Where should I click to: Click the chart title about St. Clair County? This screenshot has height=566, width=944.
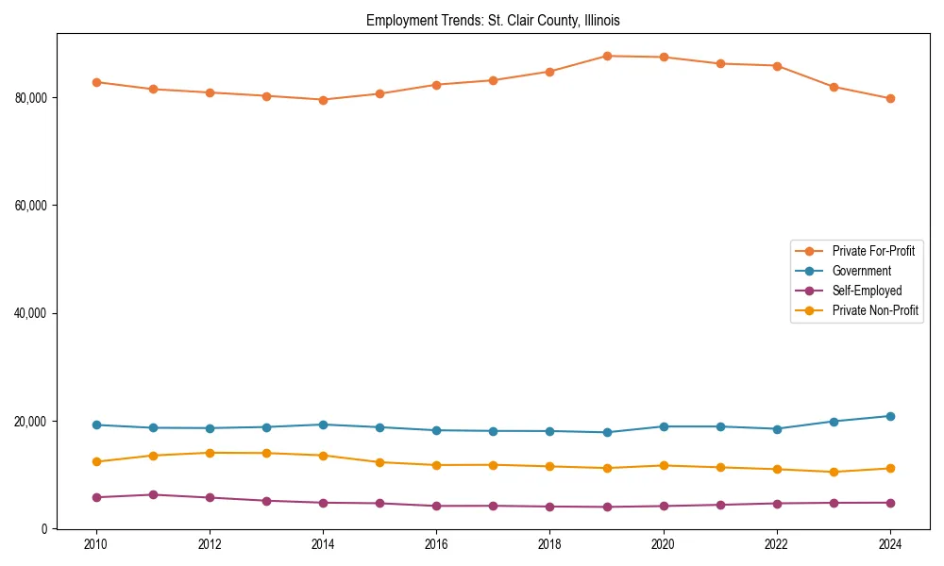(493, 20)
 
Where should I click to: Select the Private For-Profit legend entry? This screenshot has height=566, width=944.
(872, 251)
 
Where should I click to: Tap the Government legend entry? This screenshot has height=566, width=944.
(861, 271)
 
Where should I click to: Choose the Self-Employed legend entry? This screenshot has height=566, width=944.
(867, 291)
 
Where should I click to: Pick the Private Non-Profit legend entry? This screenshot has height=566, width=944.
(875, 310)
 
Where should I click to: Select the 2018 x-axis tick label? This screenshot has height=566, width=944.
(549, 544)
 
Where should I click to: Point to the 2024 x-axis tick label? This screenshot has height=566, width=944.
(890, 544)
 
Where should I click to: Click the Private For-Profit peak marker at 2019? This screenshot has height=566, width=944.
(607, 56)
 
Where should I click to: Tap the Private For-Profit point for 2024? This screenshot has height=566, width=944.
(890, 98)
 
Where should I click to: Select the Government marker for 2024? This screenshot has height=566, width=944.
(890, 416)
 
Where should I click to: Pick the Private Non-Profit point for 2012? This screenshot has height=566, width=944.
(210, 453)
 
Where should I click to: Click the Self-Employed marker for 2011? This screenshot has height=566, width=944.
(153, 494)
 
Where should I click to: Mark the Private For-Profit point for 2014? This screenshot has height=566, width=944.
(323, 100)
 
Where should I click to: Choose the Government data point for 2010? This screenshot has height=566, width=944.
(96, 424)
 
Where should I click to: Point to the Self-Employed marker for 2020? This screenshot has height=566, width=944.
(664, 506)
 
